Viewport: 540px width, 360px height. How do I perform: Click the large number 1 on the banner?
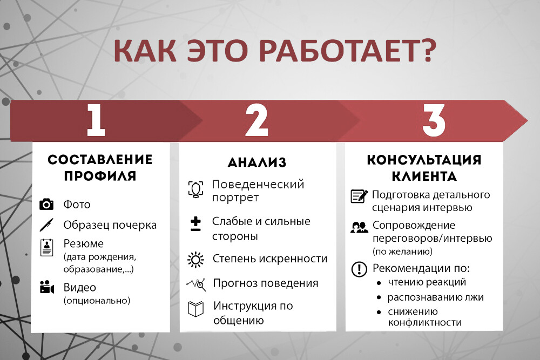[96, 120]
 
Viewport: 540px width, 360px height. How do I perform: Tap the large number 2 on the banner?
[256, 120]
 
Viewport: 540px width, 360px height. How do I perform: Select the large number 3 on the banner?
[434, 120]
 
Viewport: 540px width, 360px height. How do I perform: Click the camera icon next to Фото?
[46, 204]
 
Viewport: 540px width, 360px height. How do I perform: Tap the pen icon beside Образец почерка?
[46, 225]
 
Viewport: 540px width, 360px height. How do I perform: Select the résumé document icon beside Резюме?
[46, 247]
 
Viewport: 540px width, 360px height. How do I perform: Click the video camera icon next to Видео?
[47, 287]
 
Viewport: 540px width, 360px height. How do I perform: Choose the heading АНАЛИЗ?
[257, 162]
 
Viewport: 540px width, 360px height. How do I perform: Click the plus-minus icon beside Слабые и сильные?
[195, 224]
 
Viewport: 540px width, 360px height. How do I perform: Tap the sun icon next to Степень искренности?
[195, 260]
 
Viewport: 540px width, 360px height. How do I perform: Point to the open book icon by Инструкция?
[196, 309]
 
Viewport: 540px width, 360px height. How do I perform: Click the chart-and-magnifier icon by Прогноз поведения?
[197, 284]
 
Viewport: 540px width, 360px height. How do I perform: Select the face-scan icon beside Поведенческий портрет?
[195, 189]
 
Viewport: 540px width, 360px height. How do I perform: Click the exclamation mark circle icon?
[359, 269]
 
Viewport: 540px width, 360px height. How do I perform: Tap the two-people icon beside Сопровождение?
[359, 227]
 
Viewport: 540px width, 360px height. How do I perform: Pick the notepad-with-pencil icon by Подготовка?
[359, 196]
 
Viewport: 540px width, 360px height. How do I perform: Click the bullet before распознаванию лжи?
[379, 298]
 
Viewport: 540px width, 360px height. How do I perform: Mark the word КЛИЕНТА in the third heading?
[424, 176]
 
